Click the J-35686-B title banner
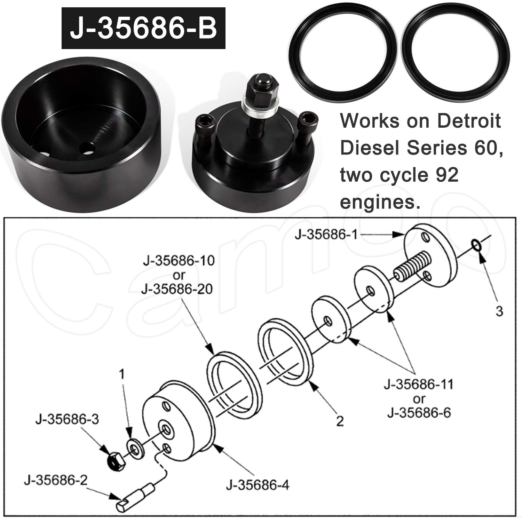pyautogui.click(x=143, y=29)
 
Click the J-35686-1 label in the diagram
pyautogui.click(x=326, y=235)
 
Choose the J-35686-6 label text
pyautogui.click(x=419, y=413)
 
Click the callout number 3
pyautogui.click(x=499, y=311)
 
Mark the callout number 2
pyautogui.click(x=339, y=421)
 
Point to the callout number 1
pyautogui.click(x=121, y=374)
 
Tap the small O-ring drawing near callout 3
pyautogui.click(x=476, y=245)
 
